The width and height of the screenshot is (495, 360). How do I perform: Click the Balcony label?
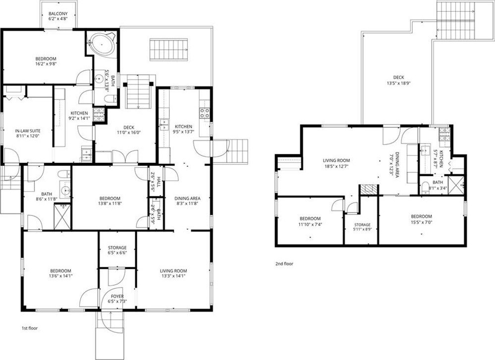pos(58,14)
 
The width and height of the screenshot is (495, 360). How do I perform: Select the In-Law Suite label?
pos(28,131)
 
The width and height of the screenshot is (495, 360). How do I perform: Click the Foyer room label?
pos(117,296)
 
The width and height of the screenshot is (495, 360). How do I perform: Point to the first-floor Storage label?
pos(117,248)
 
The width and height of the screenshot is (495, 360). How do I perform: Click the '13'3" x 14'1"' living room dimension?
pos(173,275)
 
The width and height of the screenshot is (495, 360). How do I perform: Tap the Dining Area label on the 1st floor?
pos(187,199)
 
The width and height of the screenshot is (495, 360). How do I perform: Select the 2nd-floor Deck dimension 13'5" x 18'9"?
pos(398,84)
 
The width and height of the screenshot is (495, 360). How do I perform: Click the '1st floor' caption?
pos(29,328)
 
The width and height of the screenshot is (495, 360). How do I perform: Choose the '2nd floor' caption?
pos(284,263)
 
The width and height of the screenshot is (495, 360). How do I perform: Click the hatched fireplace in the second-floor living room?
pos(369,189)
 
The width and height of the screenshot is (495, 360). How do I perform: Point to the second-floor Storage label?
pos(362,225)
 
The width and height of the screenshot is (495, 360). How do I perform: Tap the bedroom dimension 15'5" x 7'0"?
pos(422,221)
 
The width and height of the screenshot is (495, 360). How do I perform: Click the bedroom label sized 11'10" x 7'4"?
pos(310,219)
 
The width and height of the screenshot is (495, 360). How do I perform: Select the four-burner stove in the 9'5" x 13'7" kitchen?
pos(205,113)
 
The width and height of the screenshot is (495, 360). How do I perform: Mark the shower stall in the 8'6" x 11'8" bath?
pos(62,216)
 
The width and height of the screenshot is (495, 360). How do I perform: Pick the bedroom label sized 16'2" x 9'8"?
pos(46,59)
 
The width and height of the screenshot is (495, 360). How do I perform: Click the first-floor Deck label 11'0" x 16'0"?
pos(129,127)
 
